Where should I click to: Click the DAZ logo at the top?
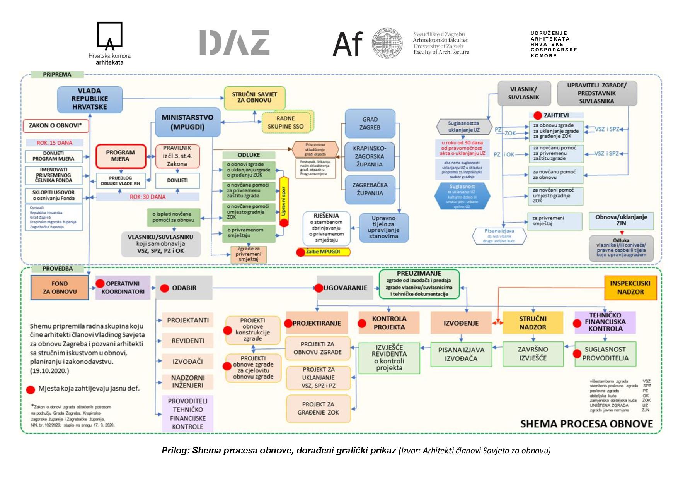pyautogui.click(x=234, y=43)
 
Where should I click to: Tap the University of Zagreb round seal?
pyautogui.click(x=387, y=43)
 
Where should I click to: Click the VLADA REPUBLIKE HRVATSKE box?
pyautogui.click(x=90, y=99)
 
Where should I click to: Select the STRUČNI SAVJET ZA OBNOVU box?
pyautogui.click(x=254, y=98)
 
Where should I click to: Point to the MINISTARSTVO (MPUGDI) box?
pyautogui.click(x=187, y=122)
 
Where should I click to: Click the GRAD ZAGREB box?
pyautogui.click(x=370, y=123)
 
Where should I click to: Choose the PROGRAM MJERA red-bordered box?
pyautogui.click(x=121, y=156)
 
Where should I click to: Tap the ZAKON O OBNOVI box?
pyautogui.click(x=55, y=125)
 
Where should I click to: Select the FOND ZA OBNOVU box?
pyautogui.click(x=60, y=288)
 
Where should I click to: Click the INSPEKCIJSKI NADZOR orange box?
pyautogui.click(x=630, y=288)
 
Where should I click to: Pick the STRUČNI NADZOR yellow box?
pyautogui.click(x=533, y=323)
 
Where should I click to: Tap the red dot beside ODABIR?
pyautogui.click(x=165, y=288)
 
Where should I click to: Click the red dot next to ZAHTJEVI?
pyautogui.click(x=537, y=115)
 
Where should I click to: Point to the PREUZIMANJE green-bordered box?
pyautogui.click(x=419, y=284)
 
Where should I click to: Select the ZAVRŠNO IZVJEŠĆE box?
pyautogui.click(x=533, y=354)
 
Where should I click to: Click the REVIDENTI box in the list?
pyautogui.click(x=188, y=341)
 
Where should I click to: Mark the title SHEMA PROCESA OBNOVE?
pyautogui.click(x=586, y=424)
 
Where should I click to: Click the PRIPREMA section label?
pyautogui.click(x=57, y=75)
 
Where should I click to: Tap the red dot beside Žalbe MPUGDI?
pyautogui.click(x=301, y=252)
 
